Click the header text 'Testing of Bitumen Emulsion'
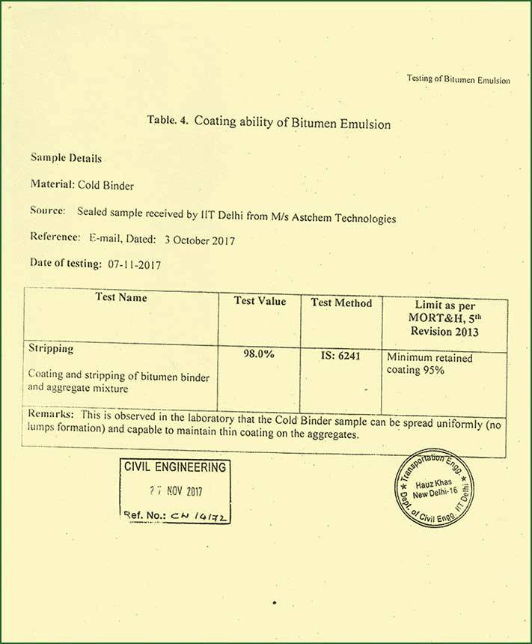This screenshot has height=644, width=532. click(458, 79)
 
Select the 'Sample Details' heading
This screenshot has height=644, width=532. click(66, 158)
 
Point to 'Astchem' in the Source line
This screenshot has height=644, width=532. click(315, 218)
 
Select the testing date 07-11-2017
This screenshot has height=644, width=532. click(134, 264)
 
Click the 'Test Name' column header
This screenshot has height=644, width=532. click(121, 297)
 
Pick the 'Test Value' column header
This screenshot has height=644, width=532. click(260, 301)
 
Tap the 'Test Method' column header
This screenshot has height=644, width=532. click(341, 303)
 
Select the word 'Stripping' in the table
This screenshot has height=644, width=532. click(50, 350)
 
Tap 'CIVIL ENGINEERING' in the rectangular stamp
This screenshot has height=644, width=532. click(174, 468)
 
